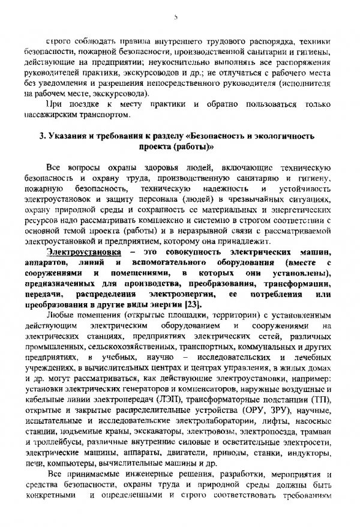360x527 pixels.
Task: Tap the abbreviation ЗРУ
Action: pos(275,428)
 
